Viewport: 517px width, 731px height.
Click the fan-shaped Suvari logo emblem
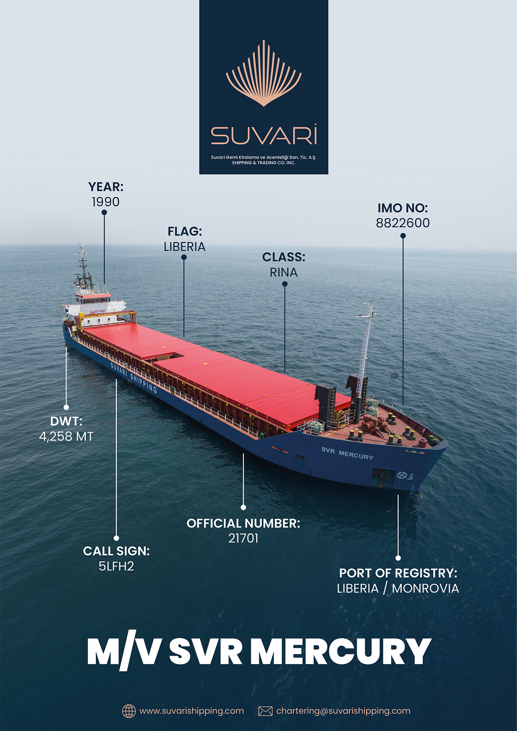pos(264,74)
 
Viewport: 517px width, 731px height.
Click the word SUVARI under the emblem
pos(264,135)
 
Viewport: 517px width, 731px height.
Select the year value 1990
pos(106,202)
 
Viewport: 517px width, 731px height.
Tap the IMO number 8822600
pos(403,223)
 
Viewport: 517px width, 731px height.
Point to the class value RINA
pos(283,273)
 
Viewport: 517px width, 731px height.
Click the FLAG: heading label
pos(184,232)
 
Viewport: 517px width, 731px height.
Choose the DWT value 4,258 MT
pos(66,437)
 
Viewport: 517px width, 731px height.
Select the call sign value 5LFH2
pos(116,566)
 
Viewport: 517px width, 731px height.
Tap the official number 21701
pos(243,538)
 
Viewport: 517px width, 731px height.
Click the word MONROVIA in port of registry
pos(425,588)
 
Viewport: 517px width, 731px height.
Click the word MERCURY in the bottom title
pos(340,651)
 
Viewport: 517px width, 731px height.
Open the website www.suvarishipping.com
pos(191,711)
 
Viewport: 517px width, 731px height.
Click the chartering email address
pos(343,711)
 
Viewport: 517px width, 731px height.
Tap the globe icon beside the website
pos(129,711)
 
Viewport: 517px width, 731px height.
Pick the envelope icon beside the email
pos(265,711)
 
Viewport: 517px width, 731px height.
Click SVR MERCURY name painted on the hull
pos(347,453)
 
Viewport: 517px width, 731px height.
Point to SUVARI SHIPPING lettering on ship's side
pos(134,377)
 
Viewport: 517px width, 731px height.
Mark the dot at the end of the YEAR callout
pos(104,212)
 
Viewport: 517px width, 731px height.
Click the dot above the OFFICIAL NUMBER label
pos(243,507)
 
